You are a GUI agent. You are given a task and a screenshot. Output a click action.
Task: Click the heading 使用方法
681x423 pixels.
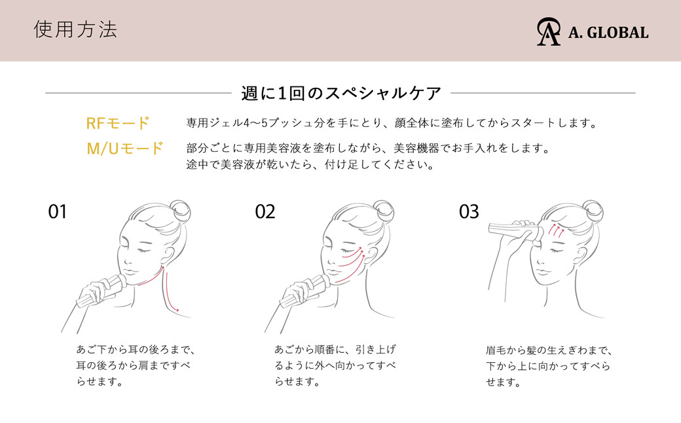tap(75, 30)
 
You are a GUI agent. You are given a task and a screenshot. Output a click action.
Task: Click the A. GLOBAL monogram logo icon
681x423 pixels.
tap(548, 31)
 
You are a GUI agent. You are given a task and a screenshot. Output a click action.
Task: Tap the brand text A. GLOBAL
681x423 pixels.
tap(608, 33)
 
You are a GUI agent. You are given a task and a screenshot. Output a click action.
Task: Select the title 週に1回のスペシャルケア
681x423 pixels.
tap(341, 94)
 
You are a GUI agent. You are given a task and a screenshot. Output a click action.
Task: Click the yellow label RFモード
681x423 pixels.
tap(118, 123)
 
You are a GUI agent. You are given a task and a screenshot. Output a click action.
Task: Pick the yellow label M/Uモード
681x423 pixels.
tap(124, 149)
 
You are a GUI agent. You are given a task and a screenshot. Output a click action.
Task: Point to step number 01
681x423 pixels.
tap(58, 212)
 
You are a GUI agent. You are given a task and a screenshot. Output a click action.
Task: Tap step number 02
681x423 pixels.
tap(265, 212)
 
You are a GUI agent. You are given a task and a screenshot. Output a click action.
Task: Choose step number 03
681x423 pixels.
tap(469, 212)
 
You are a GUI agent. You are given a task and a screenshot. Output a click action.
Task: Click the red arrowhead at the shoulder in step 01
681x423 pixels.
tap(176, 309)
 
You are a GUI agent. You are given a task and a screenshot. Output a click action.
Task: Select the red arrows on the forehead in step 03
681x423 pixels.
tap(557, 230)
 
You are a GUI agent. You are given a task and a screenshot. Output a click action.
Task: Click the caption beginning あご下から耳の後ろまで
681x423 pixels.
tap(136, 365)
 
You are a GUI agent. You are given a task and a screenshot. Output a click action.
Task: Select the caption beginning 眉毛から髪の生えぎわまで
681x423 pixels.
tap(549, 366)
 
